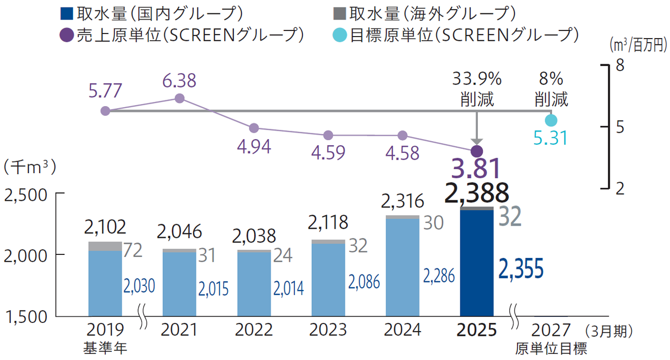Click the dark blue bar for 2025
[476, 263]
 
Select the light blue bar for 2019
[105, 283]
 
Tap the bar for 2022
[254, 284]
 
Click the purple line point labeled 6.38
[180, 98]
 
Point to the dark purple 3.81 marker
[477, 151]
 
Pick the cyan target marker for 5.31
[551, 120]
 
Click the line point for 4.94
[254, 128]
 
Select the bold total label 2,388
[477, 193]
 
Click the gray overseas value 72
[133, 251]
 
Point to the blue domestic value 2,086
[364, 281]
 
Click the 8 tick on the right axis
[619, 66]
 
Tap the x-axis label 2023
[328, 330]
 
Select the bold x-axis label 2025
[477, 330]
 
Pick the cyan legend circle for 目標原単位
[340, 35]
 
